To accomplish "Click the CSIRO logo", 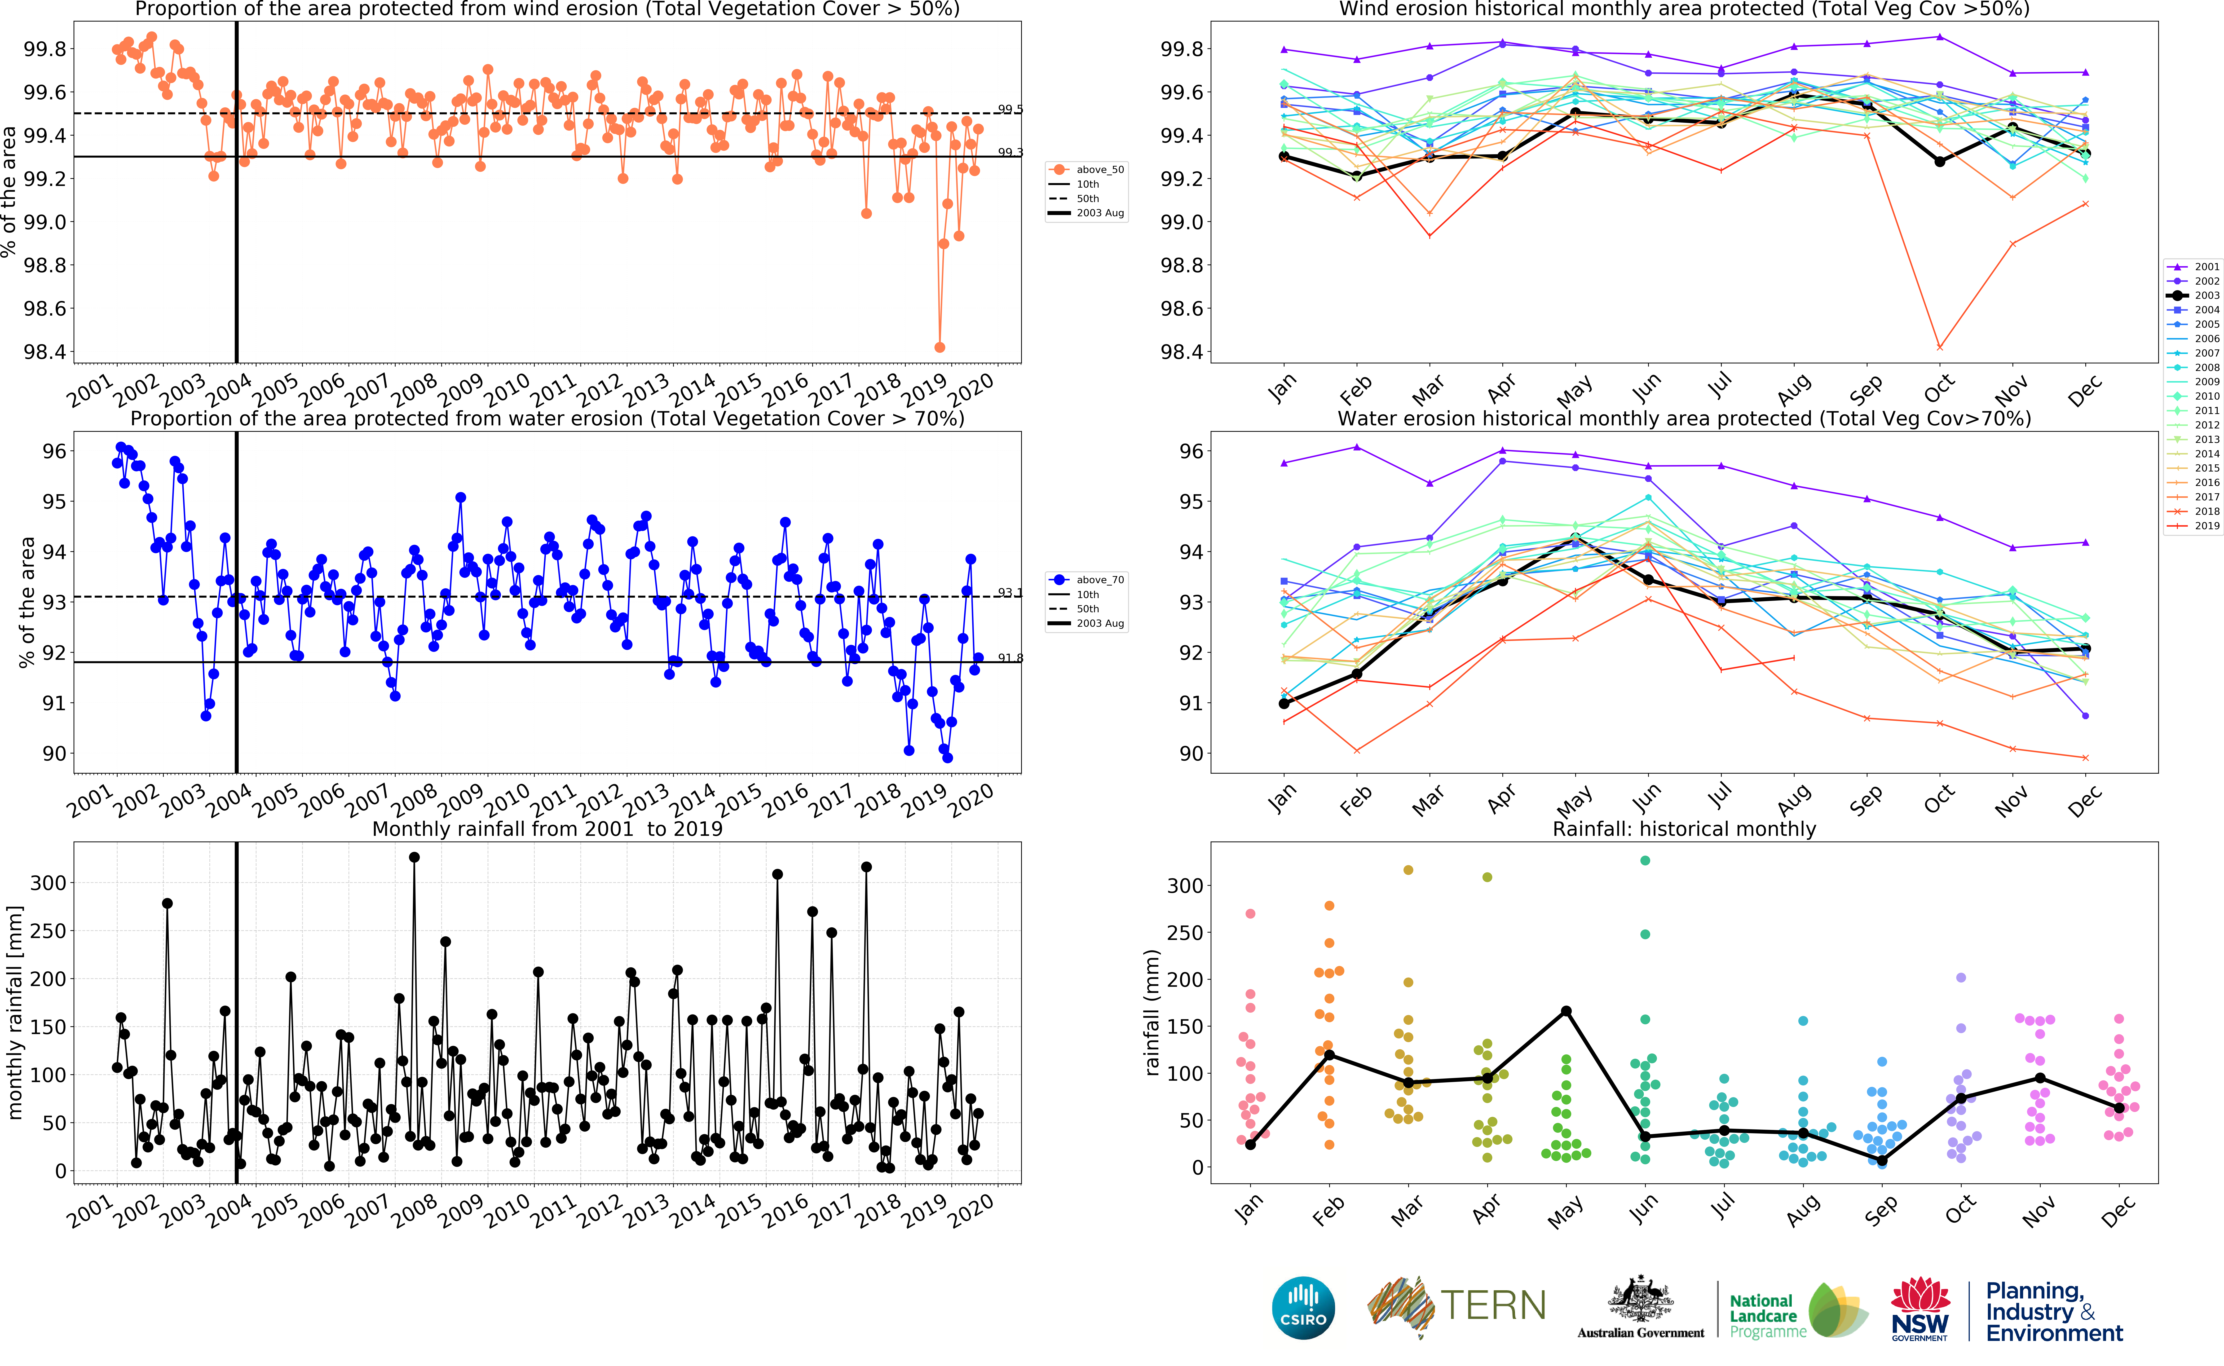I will [x=1303, y=1307].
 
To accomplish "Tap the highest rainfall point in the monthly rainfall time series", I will [x=414, y=857].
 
